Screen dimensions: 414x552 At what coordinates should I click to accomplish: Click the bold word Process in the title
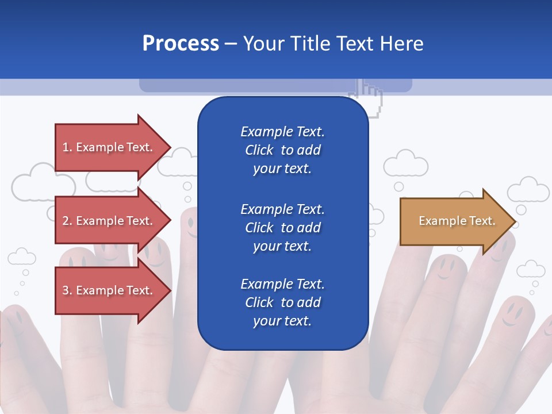click(x=181, y=44)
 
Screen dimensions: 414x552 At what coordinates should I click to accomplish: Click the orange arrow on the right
click(x=454, y=221)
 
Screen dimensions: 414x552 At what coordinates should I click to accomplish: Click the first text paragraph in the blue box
click(x=282, y=150)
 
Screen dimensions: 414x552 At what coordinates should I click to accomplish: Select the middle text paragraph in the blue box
click(x=282, y=227)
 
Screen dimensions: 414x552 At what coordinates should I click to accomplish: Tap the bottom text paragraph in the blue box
click(x=282, y=302)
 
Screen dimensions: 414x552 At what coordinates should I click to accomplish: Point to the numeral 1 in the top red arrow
click(x=66, y=147)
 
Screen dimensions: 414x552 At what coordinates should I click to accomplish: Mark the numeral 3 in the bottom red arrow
click(x=66, y=290)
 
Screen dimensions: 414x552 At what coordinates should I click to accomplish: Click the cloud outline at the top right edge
click(x=528, y=190)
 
